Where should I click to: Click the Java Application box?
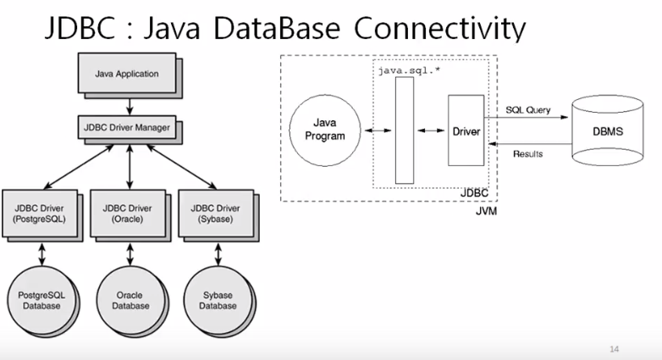click(127, 74)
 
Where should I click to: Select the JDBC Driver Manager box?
click(127, 129)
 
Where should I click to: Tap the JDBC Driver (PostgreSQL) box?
click(40, 213)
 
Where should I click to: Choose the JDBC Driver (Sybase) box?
click(215, 213)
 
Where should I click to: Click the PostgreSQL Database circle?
click(40, 299)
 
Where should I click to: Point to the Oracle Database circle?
click(128, 299)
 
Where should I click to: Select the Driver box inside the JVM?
click(465, 131)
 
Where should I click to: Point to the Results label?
click(527, 154)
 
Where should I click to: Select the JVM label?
click(485, 211)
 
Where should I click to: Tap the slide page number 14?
click(615, 348)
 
